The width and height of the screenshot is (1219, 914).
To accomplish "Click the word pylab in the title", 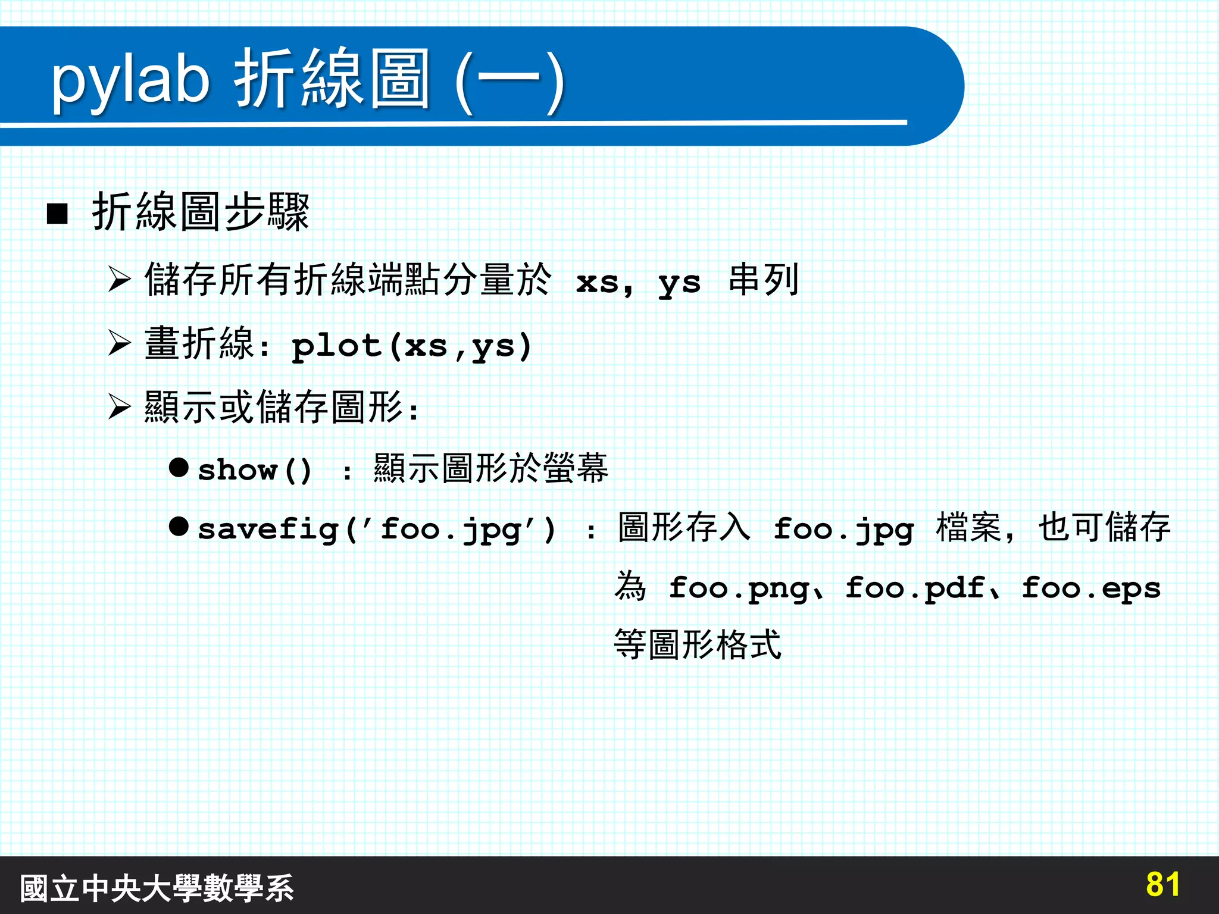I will coord(131,80).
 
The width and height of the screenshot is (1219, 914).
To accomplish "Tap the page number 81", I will coord(1162,885).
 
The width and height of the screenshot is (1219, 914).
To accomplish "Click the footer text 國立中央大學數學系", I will coord(157,888).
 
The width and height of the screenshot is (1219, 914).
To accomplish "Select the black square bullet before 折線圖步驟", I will coord(57,213).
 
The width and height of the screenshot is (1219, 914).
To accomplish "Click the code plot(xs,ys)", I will coord(411,346).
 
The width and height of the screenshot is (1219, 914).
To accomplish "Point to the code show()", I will coord(255,470).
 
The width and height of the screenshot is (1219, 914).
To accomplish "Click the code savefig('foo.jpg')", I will coord(377,529).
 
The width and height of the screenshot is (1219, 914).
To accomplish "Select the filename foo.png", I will coord(738,589).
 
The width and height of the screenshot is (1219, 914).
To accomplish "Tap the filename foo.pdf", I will coord(915,589).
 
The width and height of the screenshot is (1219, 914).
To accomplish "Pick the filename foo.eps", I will coord(1090,589).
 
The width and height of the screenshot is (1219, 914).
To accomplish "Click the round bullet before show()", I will coord(179,468).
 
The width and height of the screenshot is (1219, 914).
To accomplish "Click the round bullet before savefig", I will coord(179,526).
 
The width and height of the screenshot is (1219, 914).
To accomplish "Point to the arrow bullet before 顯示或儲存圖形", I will coord(120,407).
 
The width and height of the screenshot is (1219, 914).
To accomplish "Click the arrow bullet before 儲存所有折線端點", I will coord(120,279).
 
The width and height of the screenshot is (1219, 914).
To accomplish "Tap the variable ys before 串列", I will coord(679,283).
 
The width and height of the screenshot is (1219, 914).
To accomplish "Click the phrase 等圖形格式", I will coord(697,645).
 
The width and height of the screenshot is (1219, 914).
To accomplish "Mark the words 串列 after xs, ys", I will coord(763,280).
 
